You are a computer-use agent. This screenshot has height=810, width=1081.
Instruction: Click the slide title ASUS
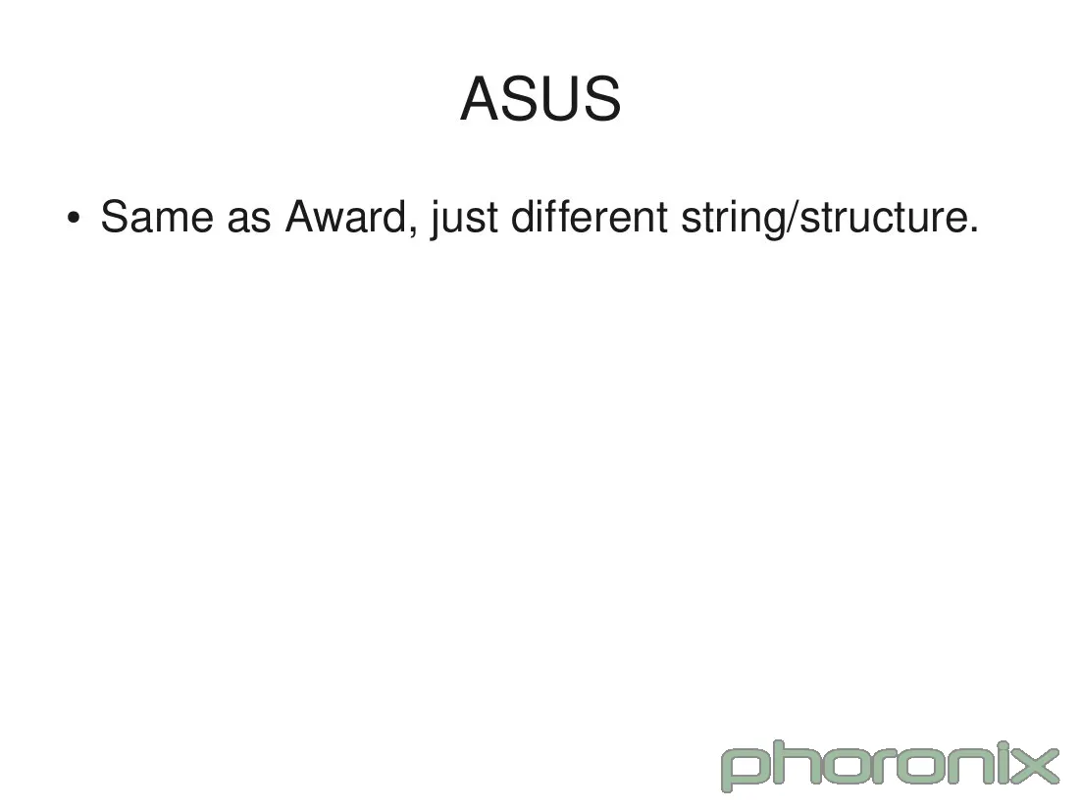tap(540, 99)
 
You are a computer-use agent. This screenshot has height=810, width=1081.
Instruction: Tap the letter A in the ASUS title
tap(481, 99)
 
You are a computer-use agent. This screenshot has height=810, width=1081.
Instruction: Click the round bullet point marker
tap(73, 218)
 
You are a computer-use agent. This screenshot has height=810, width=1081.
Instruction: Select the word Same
tap(157, 217)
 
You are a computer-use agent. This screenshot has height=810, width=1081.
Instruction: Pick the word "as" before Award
tap(249, 221)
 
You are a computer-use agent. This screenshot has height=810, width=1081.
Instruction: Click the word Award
tap(347, 217)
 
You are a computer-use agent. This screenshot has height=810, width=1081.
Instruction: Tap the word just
tap(463, 220)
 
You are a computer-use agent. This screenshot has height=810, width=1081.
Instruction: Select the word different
tap(590, 217)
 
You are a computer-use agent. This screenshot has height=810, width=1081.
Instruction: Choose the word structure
tap(882, 218)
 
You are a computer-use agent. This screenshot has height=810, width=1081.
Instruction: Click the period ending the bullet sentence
tap(973, 230)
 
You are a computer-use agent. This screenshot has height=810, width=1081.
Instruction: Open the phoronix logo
tap(890, 765)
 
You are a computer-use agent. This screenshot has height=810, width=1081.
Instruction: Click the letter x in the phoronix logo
tap(1036, 766)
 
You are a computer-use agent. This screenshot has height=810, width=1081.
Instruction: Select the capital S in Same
tap(117, 217)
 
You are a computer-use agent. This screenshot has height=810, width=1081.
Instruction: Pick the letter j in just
tap(434, 220)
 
